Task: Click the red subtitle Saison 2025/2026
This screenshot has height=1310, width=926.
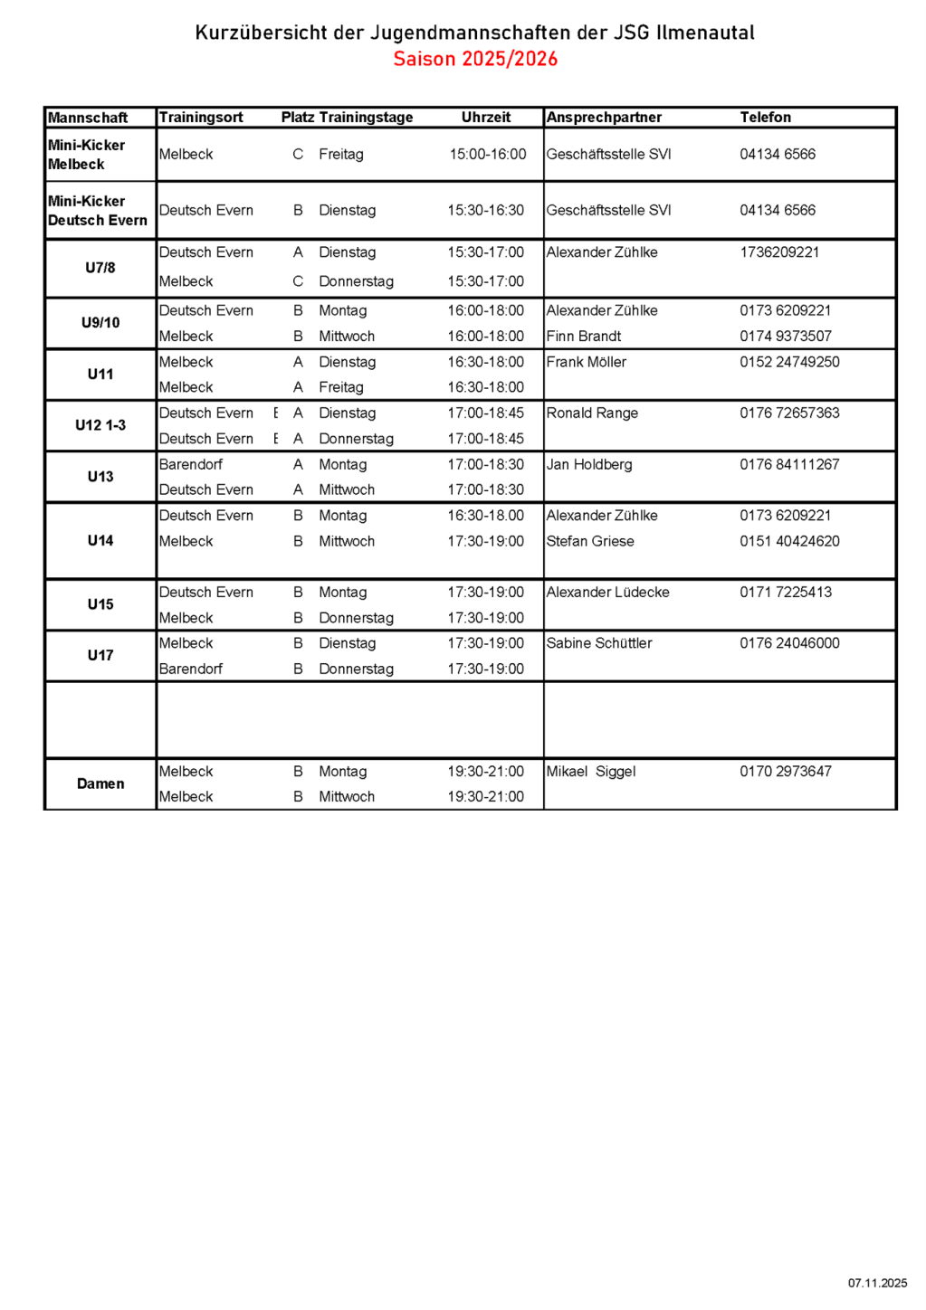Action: click(x=475, y=59)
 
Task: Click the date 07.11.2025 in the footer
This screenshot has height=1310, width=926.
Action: click(x=877, y=1283)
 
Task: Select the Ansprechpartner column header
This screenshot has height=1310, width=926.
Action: click(x=604, y=117)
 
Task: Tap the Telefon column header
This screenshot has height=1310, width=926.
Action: click(x=765, y=117)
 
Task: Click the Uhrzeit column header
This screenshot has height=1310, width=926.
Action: click(x=486, y=117)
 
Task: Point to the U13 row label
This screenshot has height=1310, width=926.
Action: click(x=100, y=477)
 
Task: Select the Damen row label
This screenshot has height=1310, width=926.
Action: click(x=100, y=783)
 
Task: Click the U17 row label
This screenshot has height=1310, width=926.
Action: click(x=100, y=655)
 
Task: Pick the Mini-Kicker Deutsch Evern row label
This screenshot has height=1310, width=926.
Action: click(x=98, y=211)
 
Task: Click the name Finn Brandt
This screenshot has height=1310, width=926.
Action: click(x=584, y=337)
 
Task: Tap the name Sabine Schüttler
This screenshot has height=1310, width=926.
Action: click(x=599, y=643)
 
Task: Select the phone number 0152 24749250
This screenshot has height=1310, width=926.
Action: click(x=789, y=362)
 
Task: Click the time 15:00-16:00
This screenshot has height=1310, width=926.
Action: click(x=488, y=155)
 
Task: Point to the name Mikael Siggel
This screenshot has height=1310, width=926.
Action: click(x=591, y=772)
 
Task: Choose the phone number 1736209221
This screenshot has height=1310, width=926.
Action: click(x=779, y=252)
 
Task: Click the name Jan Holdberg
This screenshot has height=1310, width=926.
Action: click(x=589, y=465)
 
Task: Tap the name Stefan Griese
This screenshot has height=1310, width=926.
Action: click(x=590, y=541)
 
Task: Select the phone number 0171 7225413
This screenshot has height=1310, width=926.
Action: click(x=786, y=593)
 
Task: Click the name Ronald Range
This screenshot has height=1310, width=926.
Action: click(x=592, y=413)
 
